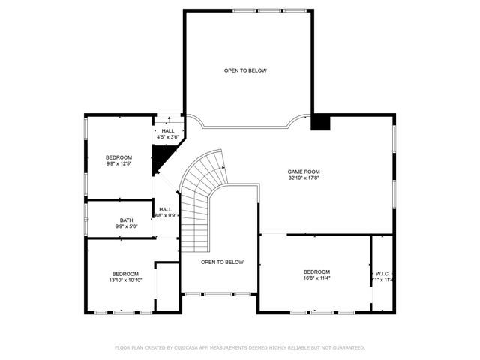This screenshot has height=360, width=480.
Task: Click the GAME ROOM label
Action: click(304, 172)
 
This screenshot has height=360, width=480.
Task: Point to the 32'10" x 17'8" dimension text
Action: click(304, 178)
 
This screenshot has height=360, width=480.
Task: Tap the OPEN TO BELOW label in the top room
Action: click(245, 70)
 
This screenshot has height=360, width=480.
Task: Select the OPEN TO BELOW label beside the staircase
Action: click(222, 262)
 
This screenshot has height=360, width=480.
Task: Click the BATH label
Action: click(126, 220)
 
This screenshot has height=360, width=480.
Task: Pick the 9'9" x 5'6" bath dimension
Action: click(126, 226)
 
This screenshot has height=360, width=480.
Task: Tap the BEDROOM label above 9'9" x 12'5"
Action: click(118, 157)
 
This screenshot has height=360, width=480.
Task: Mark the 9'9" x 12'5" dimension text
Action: click(118, 164)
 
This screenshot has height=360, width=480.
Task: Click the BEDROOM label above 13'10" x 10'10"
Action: click(127, 273)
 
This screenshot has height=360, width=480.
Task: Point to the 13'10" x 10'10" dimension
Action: click(127, 280)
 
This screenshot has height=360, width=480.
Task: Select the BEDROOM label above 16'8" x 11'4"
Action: click(316, 271)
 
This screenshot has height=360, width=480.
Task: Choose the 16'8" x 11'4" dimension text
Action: click(316, 278)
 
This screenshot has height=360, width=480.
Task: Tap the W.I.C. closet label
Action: click(382, 274)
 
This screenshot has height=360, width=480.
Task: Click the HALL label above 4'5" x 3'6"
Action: click(168, 130)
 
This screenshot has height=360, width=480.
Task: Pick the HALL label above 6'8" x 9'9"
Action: click(165, 209)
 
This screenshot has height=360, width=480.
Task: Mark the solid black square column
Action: click(320, 122)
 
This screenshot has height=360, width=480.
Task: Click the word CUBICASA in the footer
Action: click(187, 347)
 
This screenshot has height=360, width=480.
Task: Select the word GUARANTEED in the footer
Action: click(346, 347)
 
